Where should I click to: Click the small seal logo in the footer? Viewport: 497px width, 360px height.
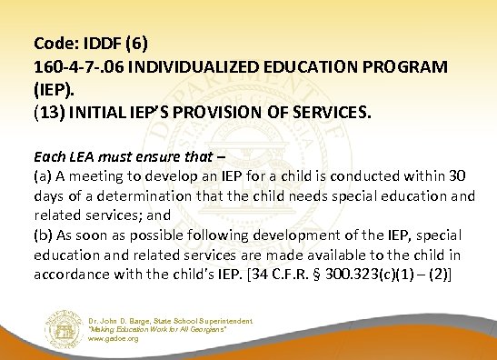58,328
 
